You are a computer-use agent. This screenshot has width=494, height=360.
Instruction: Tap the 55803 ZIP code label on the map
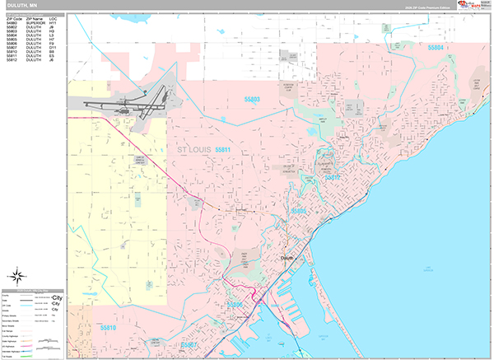252,100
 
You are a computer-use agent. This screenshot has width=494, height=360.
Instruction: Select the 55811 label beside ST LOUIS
222,150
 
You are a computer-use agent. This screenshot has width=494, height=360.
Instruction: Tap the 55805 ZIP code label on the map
298,212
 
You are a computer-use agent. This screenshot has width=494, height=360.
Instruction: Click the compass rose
19,275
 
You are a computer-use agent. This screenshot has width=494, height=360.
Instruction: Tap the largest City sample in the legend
57,297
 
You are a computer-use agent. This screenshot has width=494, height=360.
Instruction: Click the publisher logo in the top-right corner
473,7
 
